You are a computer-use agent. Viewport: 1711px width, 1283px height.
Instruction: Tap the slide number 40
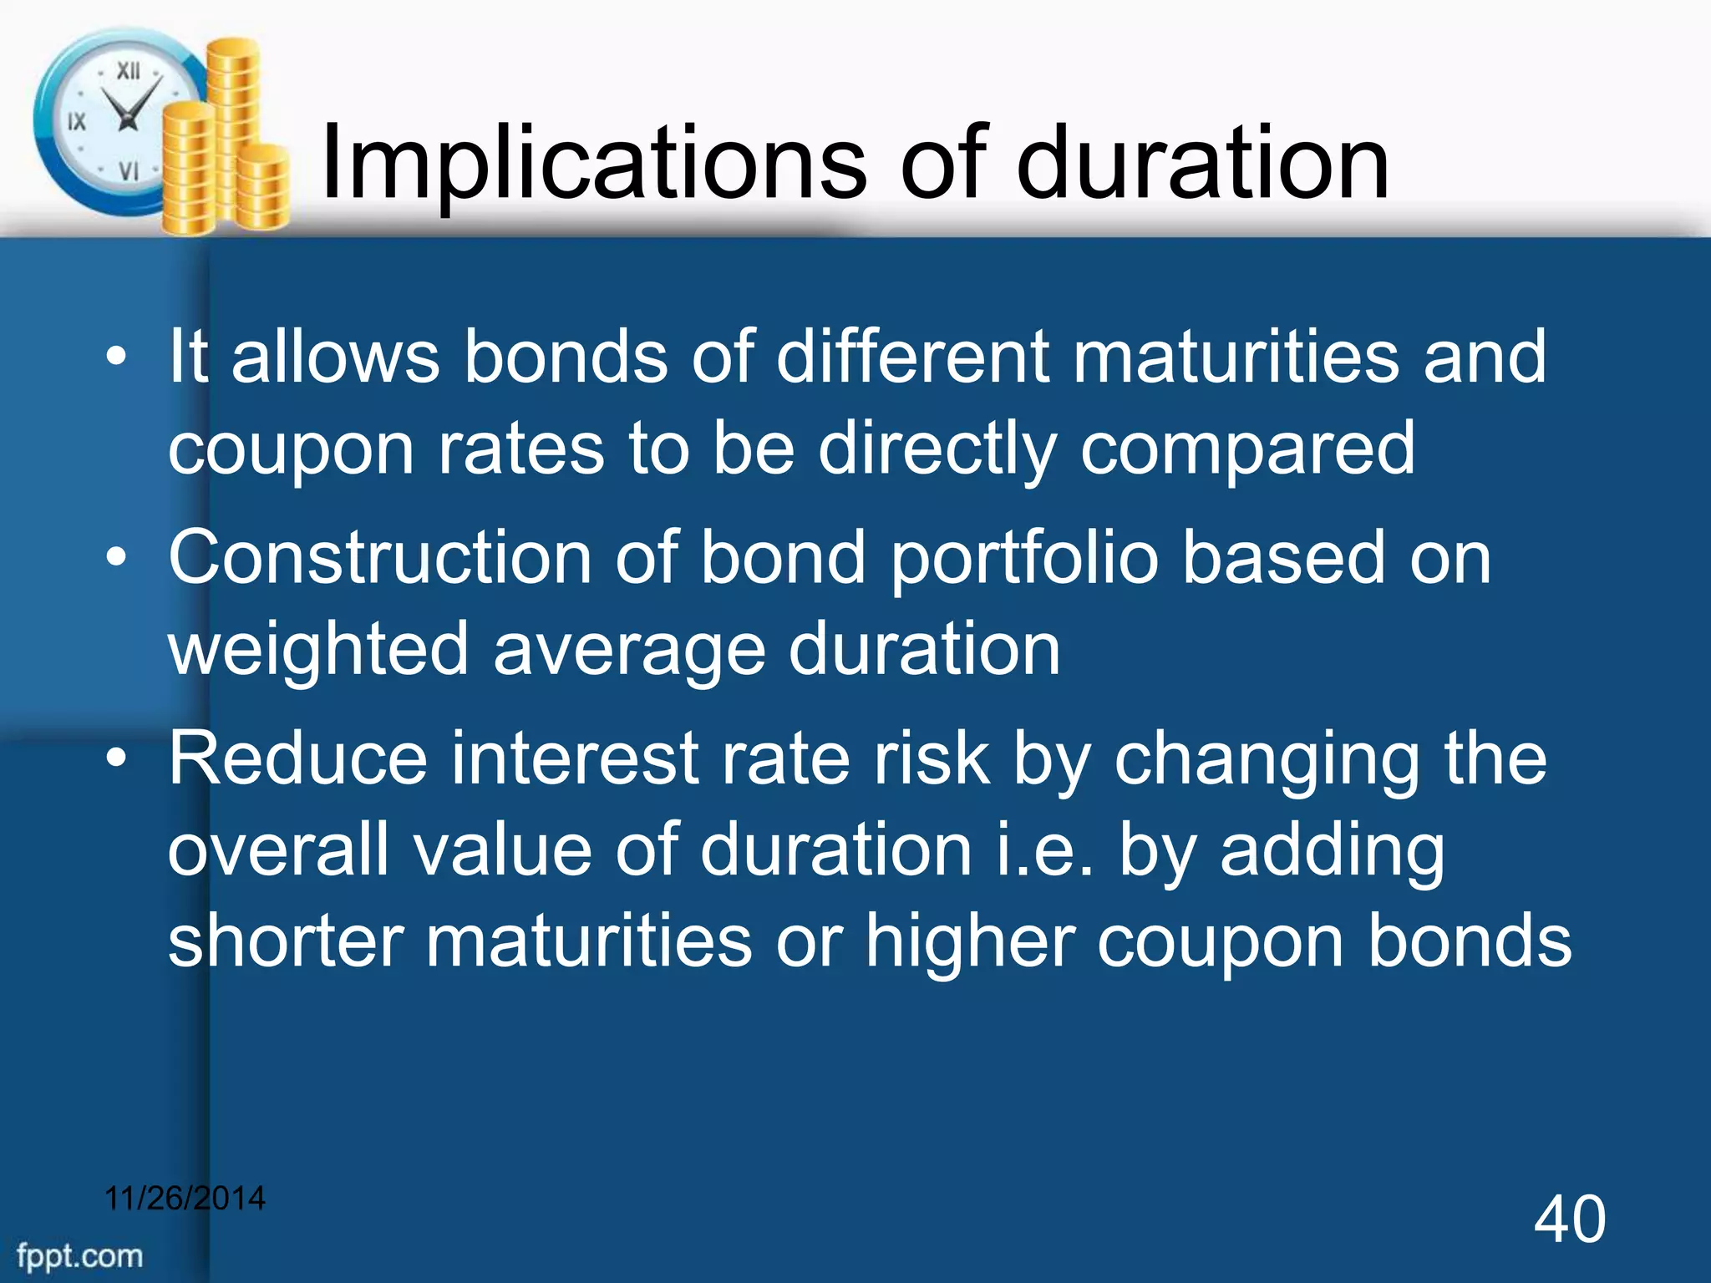(x=1569, y=1220)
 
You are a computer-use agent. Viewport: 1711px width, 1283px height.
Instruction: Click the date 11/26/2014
(x=185, y=1198)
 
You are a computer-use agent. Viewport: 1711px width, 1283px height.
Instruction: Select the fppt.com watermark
(x=80, y=1255)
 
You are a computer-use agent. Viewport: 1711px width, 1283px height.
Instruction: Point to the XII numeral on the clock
(x=128, y=71)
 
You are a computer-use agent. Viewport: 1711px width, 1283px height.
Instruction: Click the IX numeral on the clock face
(x=76, y=122)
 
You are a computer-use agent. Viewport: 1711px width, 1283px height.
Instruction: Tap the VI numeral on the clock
(x=128, y=171)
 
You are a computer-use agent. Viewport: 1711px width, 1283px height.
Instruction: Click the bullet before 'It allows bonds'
(x=116, y=358)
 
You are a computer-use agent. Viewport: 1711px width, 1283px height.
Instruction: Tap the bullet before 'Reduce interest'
(x=116, y=758)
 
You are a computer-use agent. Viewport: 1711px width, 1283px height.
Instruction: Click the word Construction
(x=380, y=558)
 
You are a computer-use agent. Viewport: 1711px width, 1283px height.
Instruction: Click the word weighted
(x=318, y=650)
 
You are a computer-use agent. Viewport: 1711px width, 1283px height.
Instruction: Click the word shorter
(x=285, y=941)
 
